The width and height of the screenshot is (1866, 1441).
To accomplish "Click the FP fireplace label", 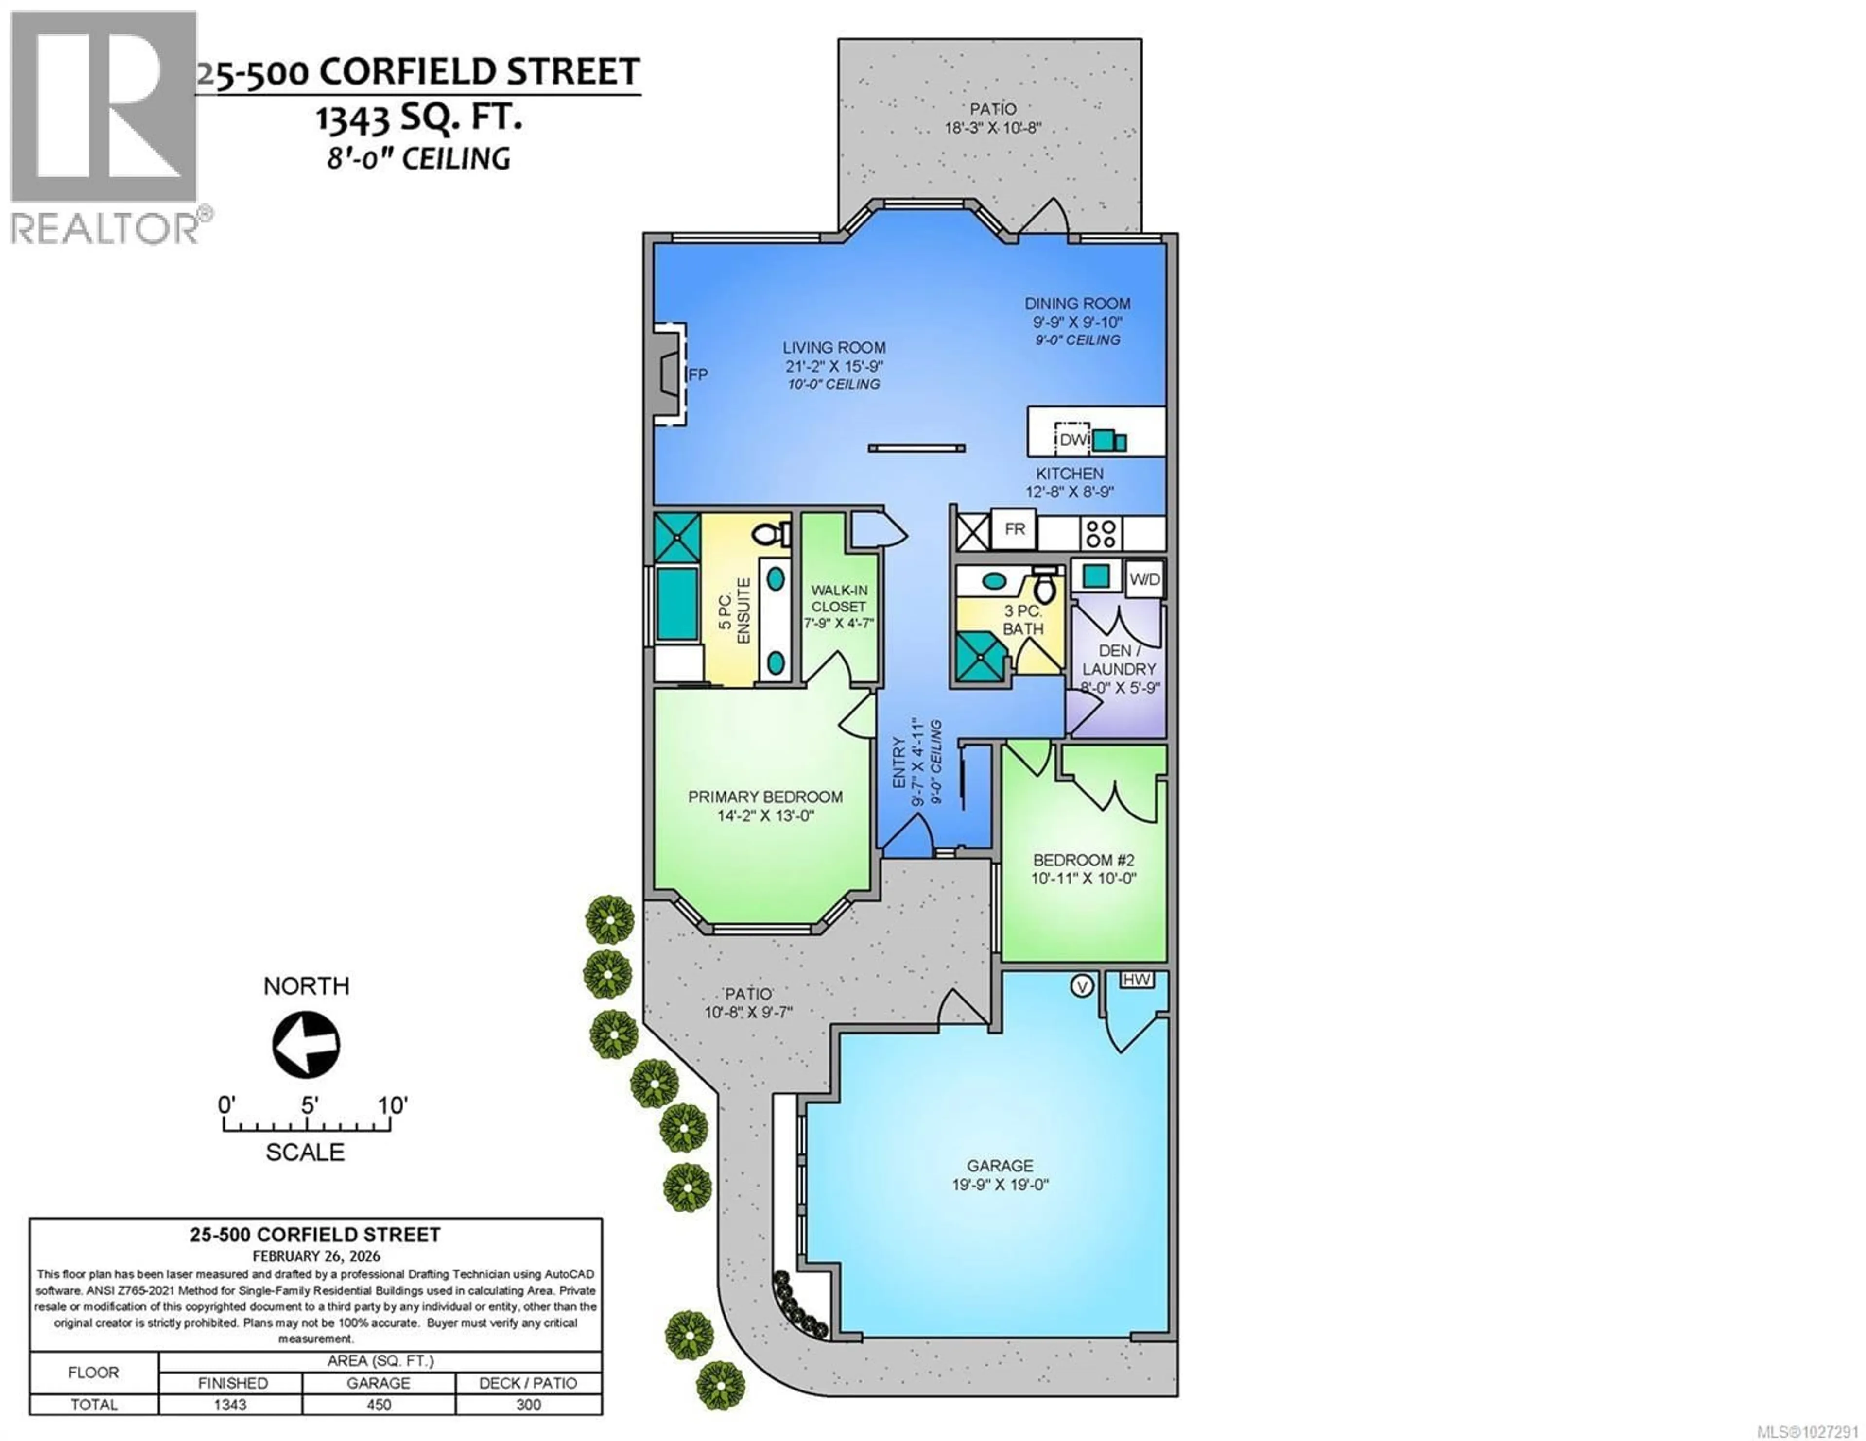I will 698,374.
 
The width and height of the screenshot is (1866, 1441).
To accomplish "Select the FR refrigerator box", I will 1014,529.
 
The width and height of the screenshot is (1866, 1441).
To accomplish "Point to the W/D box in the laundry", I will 1145,579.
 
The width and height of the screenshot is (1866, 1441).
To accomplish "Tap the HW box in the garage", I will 1136,980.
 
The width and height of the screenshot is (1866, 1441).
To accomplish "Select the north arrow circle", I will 306,1045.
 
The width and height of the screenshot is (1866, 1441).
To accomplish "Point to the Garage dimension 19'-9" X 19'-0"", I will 1000,1185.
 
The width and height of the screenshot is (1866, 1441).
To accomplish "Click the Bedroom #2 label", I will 1083,860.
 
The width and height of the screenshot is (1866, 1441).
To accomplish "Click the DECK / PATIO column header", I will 528,1383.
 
